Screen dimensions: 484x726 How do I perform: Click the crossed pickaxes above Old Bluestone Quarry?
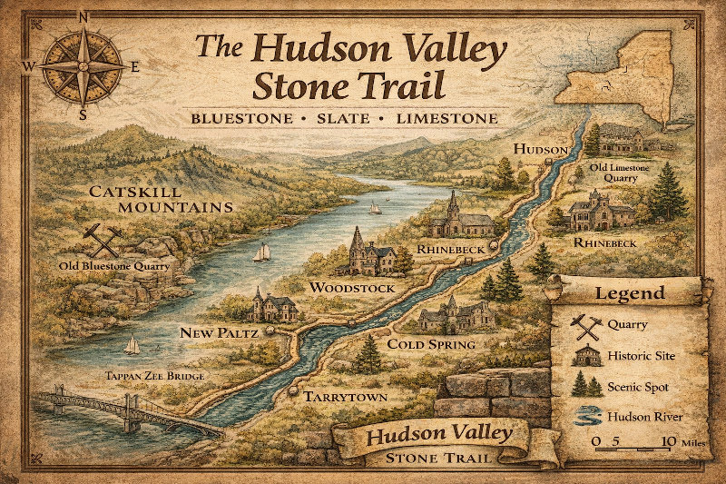102,241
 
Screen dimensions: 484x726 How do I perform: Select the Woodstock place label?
352,288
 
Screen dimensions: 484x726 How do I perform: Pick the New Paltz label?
220,333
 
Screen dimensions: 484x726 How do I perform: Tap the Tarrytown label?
346,397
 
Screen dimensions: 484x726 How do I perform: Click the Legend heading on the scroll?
629,294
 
